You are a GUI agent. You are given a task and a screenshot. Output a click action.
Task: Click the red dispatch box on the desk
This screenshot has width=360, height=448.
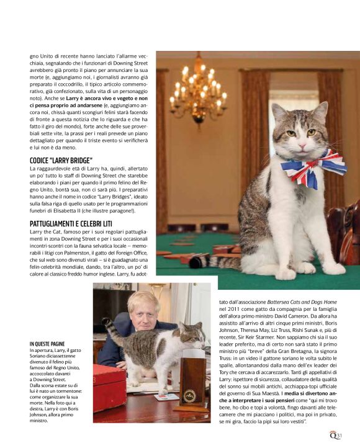(109, 392)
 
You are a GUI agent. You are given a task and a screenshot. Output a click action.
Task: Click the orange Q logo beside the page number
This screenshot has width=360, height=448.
(332, 434)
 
